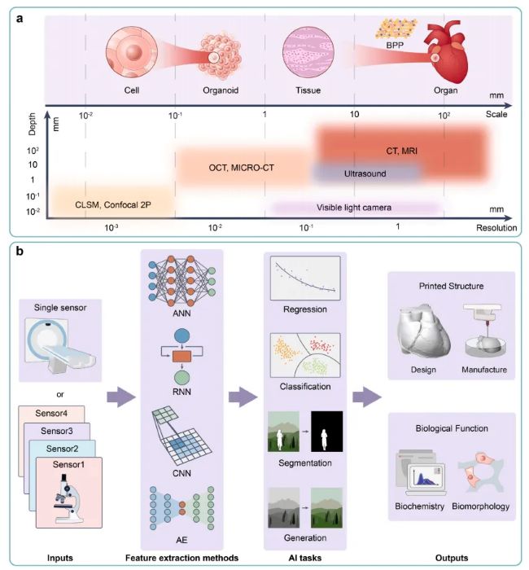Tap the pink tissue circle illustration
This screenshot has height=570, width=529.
pyautogui.click(x=308, y=52)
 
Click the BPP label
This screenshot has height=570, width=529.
pyautogui.click(x=395, y=46)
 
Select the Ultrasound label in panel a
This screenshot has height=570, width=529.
pyautogui.click(x=365, y=173)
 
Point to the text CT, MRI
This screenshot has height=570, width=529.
pyautogui.click(x=401, y=151)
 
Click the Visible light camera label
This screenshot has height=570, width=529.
pyautogui.click(x=354, y=208)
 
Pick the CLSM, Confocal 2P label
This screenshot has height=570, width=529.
pyautogui.click(x=113, y=205)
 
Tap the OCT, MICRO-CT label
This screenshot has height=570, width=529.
pyautogui.click(x=241, y=168)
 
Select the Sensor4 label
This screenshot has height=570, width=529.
pyautogui.click(x=51, y=414)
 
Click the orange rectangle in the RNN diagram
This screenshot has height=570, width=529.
pyautogui.click(x=181, y=357)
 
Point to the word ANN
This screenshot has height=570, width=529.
pyautogui.click(x=181, y=313)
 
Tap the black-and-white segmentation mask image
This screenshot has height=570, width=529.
pyautogui.click(x=326, y=432)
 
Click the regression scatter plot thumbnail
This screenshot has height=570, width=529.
pyautogui.click(x=305, y=278)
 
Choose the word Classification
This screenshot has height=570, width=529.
pyautogui.click(x=305, y=387)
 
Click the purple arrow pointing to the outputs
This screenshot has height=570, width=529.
pyautogui.click(x=367, y=397)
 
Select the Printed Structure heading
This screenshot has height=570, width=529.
pyautogui.click(x=451, y=286)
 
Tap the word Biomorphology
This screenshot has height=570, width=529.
pyautogui.click(x=480, y=506)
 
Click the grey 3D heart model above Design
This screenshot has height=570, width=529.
pyautogui.click(x=425, y=329)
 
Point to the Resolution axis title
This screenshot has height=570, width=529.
pyautogui.click(x=496, y=228)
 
